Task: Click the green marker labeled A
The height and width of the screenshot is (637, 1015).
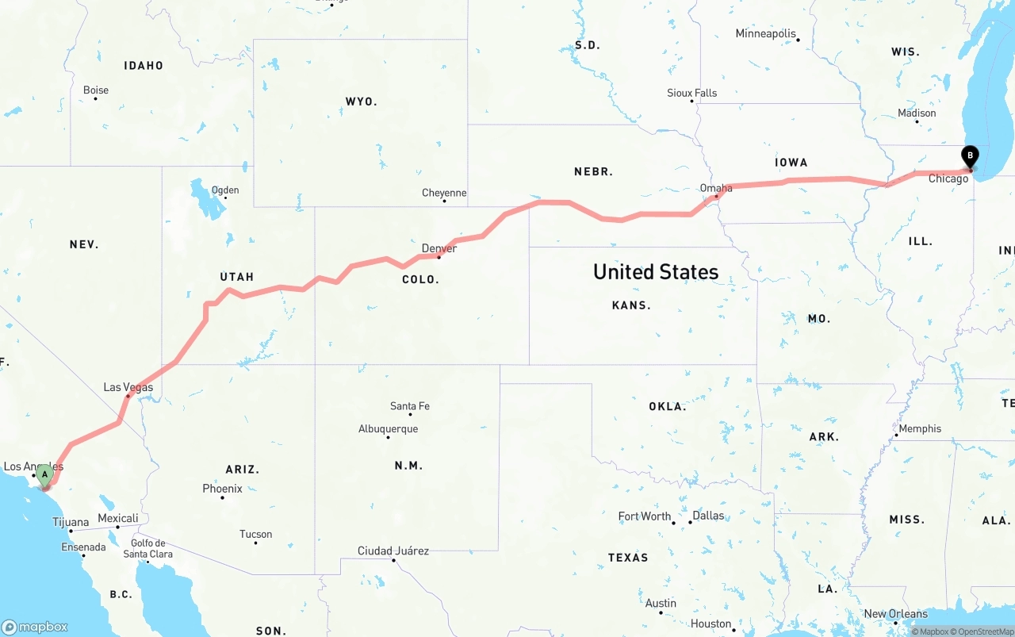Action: (45, 475)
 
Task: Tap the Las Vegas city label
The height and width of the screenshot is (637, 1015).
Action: (128, 387)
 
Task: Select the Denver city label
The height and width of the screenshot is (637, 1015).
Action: (439, 248)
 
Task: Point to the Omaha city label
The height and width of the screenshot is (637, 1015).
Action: (716, 188)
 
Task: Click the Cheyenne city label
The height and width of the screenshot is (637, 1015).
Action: (444, 193)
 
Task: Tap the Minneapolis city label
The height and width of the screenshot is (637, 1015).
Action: (765, 33)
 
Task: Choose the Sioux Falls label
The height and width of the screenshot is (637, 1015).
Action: (691, 93)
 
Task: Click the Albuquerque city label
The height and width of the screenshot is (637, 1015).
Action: (388, 429)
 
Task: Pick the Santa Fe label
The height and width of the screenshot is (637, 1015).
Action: (410, 406)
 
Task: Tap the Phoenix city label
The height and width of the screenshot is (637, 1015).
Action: (222, 489)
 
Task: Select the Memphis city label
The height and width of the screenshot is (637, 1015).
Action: (920, 428)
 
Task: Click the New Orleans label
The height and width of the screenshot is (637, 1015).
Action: (895, 613)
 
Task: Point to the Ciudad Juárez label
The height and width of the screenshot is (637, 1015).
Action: (393, 551)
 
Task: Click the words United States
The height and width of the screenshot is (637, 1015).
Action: (656, 272)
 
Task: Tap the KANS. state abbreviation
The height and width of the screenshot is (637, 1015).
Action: (631, 305)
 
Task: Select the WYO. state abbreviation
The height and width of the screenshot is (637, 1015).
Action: (361, 102)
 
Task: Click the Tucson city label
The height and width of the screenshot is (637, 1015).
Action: (255, 535)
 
